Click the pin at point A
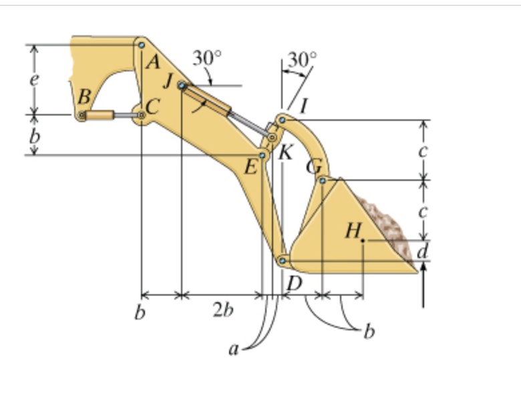(142, 45)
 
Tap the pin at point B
(81, 115)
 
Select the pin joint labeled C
(142, 115)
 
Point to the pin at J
(182, 85)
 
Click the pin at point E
(262, 155)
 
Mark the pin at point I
(282, 120)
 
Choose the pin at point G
(323, 180)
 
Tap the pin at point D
(283, 261)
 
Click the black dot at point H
(363, 240)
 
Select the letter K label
(285, 153)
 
